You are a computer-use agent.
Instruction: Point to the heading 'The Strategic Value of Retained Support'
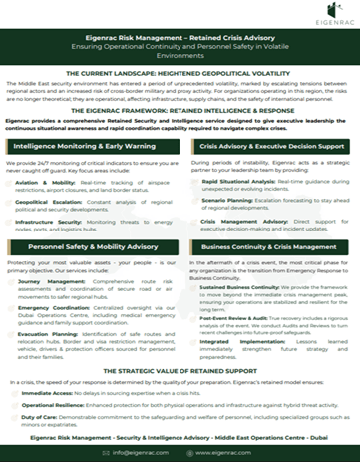click(x=180, y=371)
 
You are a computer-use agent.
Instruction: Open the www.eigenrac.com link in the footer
click(x=238, y=452)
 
